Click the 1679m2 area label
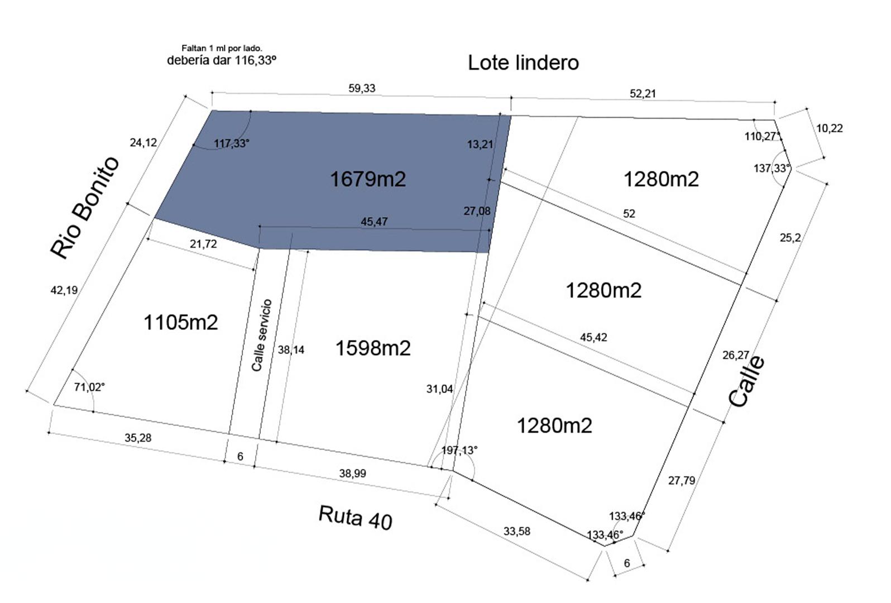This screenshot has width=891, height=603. click(368, 179)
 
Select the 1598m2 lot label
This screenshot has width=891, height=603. click(373, 348)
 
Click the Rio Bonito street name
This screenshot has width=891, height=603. click(84, 208)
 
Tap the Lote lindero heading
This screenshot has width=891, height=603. click(523, 63)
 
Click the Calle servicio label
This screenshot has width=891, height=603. click(262, 336)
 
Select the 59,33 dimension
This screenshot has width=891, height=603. click(362, 88)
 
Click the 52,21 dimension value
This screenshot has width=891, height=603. click(643, 93)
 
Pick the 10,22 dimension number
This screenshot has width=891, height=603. click(830, 128)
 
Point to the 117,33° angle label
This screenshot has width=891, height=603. click(232, 143)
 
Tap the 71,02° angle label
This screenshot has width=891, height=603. click(89, 386)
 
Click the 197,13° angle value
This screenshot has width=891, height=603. click(459, 450)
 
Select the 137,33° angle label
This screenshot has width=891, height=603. click(772, 168)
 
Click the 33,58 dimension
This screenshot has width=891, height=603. click(517, 531)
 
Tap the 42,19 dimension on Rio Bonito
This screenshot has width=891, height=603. click(64, 290)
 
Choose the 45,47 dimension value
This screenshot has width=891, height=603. click(374, 222)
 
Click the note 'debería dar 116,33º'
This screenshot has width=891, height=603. click(222, 60)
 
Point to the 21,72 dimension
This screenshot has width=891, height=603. click(203, 243)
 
